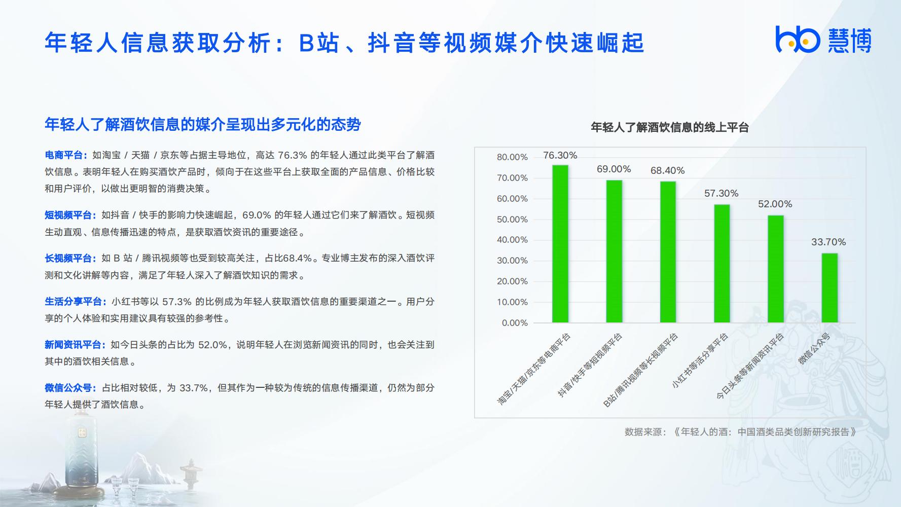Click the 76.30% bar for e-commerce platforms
[x=560, y=244]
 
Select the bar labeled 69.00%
[x=614, y=251]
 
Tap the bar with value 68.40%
[x=668, y=252]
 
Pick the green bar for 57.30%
[x=722, y=264]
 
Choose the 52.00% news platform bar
[x=776, y=269]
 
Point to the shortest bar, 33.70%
[x=830, y=288]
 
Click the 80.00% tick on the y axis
[x=512, y=157]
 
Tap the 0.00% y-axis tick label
[x=515, y=323]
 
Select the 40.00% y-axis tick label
[x=512, y=240]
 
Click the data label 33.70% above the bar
[x=828, y=242]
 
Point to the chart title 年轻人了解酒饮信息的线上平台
[x=670, y=127]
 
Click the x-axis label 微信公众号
[x=814, y=349]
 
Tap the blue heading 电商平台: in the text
[x=66, y=155]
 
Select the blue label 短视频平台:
[x=71, y=215]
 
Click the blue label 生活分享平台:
[x=76, y=302]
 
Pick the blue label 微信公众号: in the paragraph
[x=71, y=388]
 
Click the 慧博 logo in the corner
[x=823, y=40]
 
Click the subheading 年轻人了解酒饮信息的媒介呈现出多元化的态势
[x=203, y=125]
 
